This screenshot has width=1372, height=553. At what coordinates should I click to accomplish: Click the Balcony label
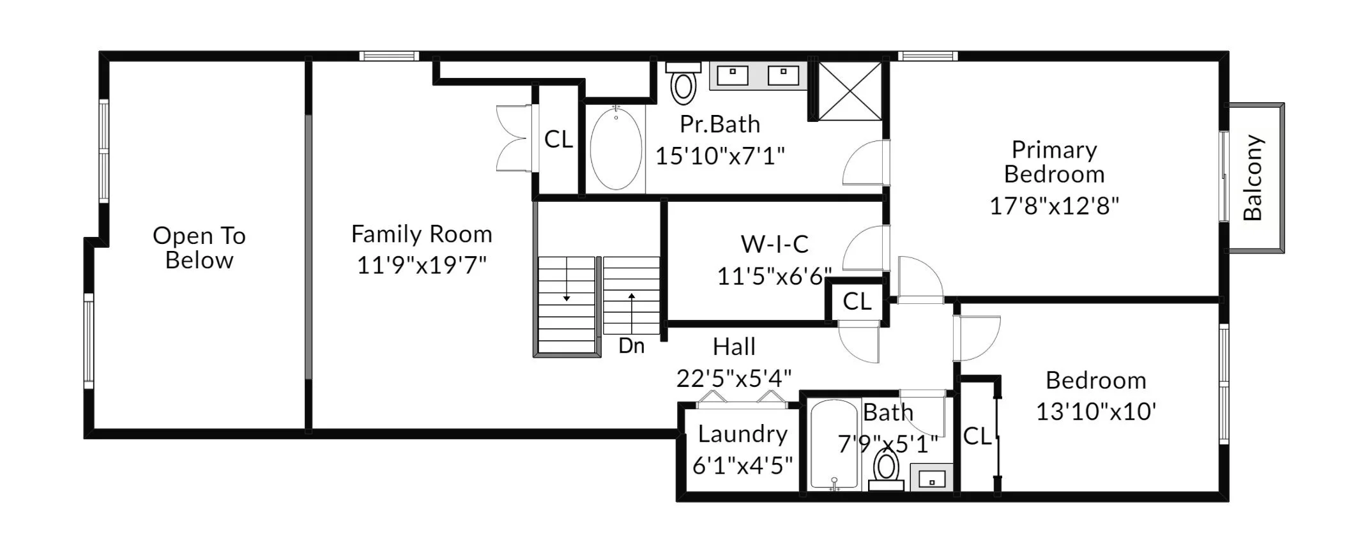coord(1253,178)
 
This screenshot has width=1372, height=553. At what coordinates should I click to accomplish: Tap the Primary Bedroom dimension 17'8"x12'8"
coord(1054,206)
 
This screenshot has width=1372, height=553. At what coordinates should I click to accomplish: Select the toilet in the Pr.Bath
coord(683,84)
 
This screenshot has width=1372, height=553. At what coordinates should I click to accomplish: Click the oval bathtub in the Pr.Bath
coord(616,149)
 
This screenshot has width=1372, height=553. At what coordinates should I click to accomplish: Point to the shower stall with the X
coord(850,91)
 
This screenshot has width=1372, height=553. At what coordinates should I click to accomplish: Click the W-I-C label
coord(775,244)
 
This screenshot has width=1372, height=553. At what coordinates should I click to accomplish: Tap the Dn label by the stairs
coord(632,346)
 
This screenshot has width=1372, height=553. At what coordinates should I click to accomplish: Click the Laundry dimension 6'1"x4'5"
coord(743,466)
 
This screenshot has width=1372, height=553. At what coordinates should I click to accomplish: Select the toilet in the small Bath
coord(886,470)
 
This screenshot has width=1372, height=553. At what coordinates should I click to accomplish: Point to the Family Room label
coord(422,234)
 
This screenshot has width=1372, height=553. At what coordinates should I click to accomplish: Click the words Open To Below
coord(199,248)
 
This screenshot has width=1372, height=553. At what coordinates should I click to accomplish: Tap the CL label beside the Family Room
coord(559,139)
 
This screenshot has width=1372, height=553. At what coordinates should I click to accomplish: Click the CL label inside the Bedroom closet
coord(977,437)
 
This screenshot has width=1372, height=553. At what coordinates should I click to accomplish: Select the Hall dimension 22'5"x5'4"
coord(734,379)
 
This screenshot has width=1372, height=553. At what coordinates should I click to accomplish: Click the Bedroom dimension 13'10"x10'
coord(1096,412)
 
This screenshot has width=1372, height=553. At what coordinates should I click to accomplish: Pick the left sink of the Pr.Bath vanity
coord(733,75)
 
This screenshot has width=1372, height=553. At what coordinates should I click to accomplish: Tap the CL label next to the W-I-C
coord(857,301)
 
